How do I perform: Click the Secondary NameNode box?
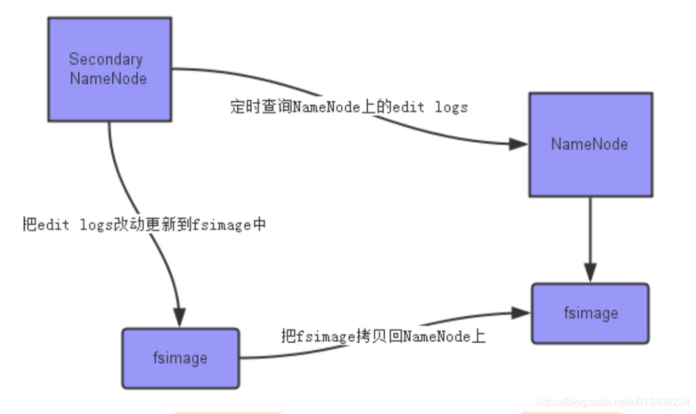(109, 69)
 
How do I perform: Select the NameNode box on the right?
(590, 144)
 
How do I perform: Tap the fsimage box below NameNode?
(590, 313)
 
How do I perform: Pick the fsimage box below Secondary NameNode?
(180, 358)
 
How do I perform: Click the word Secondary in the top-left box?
(105, 59)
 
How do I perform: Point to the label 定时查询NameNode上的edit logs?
(349, 107)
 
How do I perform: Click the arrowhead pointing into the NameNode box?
(519, 145)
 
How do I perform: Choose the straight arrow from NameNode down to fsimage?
(590, 236)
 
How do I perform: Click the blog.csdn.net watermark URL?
(612, 401)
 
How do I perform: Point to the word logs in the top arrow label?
(451, 107)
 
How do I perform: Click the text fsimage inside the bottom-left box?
(180, 358)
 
